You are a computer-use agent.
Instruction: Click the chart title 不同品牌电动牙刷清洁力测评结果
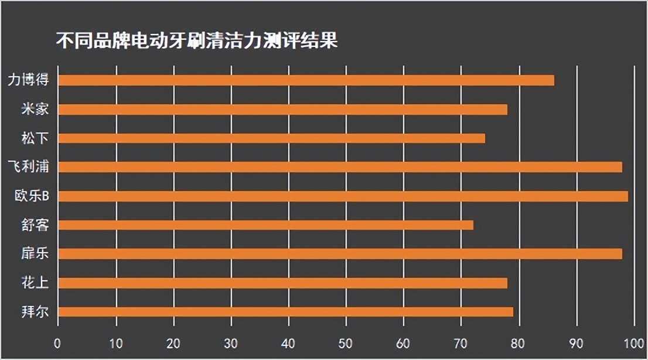(196, 42)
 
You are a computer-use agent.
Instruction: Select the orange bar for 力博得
(306, 80)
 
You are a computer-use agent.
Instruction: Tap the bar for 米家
(282, 110)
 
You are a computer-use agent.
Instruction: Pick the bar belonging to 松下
(271, 138)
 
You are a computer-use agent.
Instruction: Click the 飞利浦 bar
(340, 167)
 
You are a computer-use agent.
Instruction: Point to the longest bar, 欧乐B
(343, 196)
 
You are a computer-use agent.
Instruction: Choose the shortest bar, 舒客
(265, 225)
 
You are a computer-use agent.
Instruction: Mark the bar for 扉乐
(340, 254)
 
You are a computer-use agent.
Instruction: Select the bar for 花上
(282, 283)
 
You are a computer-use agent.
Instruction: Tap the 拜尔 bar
(285, 312)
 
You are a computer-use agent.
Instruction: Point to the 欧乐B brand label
(32, 196)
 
